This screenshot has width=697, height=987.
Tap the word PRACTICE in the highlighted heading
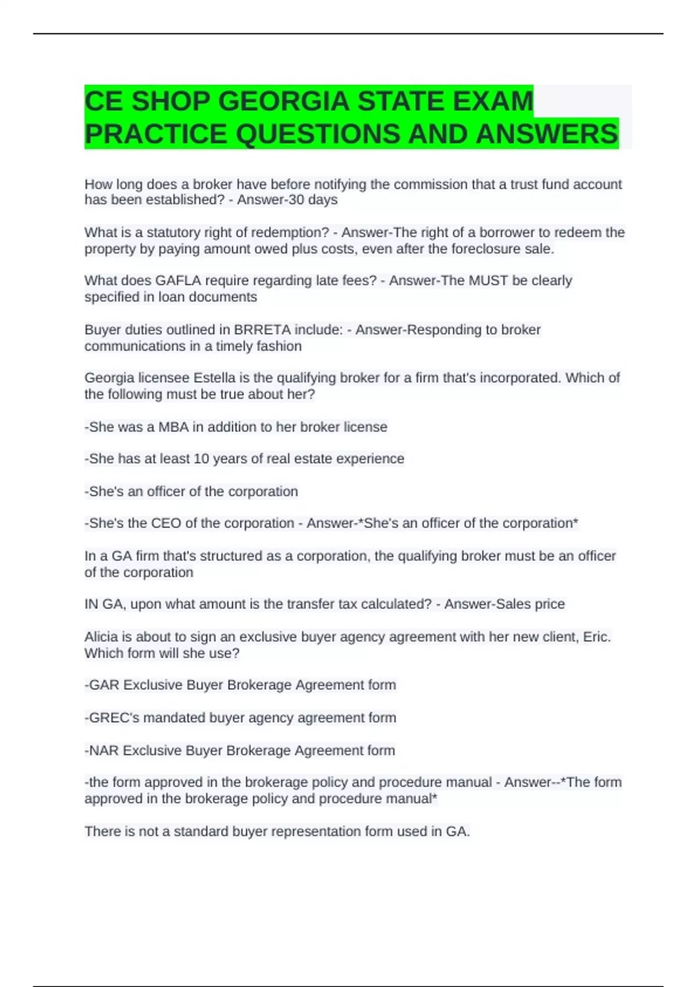[x=156, y=134]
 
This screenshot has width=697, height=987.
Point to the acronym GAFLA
[x=178, y=280]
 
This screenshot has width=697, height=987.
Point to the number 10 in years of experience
[x=201, y=459]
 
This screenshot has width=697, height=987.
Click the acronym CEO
[x=166, y=523]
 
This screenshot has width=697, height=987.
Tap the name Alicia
[x=102, y=637]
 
